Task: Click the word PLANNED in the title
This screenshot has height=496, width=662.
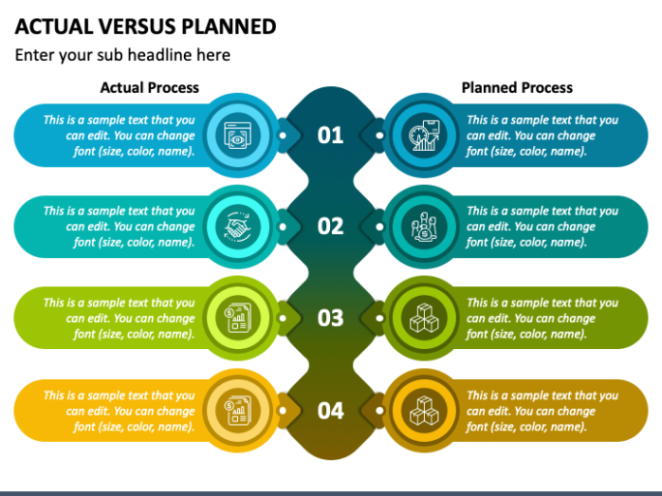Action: (x=228, y=26)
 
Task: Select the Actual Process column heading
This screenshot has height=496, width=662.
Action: (x=149, y=87)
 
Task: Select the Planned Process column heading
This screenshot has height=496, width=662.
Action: (x=517, y=87)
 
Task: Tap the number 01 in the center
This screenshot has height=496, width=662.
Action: (x=330, y=135)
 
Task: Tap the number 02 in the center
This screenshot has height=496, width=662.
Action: (x=330, y=226)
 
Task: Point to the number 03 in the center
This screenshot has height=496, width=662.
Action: (x=330, y=318)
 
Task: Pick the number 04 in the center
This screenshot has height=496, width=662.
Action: (x=330, y=410)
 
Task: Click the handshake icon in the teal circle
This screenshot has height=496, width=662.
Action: (x=238, y=226)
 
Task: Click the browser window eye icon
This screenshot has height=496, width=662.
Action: (x=238, y=135)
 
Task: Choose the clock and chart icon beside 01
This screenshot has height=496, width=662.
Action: (x=424, y=135)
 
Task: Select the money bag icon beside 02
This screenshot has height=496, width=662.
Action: (x=424, y=226)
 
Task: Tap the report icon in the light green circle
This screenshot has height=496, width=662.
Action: (x=238, y=317)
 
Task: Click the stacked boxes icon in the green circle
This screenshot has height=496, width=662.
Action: (x=424, y=317)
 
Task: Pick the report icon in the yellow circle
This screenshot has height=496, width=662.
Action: (x=238, y=410)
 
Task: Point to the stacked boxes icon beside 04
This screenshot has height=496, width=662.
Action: (x=424, y=410)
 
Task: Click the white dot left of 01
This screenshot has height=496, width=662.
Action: (x=283, y=135)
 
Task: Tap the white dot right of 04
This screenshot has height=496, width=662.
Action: (x=379, y=410)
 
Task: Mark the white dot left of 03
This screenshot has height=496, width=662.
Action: (x=283, y=318)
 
